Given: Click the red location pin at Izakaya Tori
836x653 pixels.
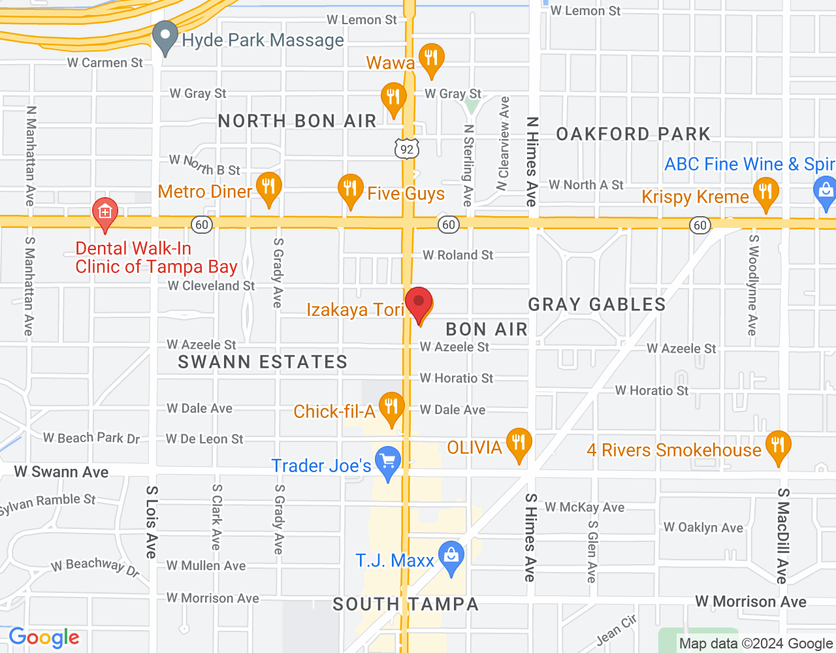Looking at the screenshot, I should click(x=419, y=303).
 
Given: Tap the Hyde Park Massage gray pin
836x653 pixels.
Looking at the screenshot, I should click(x=165, y=37).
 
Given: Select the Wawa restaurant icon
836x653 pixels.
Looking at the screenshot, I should click(x=431, y=59).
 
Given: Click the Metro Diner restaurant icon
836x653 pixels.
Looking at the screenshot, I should click(x=268, y=188).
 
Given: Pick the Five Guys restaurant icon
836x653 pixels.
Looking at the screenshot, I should click(x=351, y=190).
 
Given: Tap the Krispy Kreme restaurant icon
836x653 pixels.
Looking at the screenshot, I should click(x=765, y=194).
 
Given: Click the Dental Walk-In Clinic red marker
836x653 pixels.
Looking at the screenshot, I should click(x=105, y=214).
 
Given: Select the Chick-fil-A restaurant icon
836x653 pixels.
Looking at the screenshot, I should click(x=391, y=408).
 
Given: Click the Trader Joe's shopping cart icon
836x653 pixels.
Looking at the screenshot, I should click(x=389, y=462).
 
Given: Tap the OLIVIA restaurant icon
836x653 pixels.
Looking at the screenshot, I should click(x=519, y=444).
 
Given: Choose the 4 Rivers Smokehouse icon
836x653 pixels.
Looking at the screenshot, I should click(x=777, y=447).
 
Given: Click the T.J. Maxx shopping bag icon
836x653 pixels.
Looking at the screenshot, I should click(x=451, y=557).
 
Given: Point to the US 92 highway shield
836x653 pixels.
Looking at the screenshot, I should click(x=407, y=149).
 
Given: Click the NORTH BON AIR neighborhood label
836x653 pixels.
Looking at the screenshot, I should click(x=297, y=121).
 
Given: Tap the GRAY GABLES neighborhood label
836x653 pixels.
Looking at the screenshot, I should click(x=597, y=304).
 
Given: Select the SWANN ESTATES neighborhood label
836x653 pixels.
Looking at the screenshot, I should click(x=263, y=362).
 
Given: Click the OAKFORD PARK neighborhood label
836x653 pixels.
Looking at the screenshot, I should click(x=633, y=134).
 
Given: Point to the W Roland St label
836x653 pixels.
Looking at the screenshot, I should click(x=458, y=255).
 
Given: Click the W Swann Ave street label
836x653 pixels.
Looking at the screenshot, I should click(x=61, y=471).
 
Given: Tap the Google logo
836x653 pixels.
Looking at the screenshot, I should click(x=44, y=637).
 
